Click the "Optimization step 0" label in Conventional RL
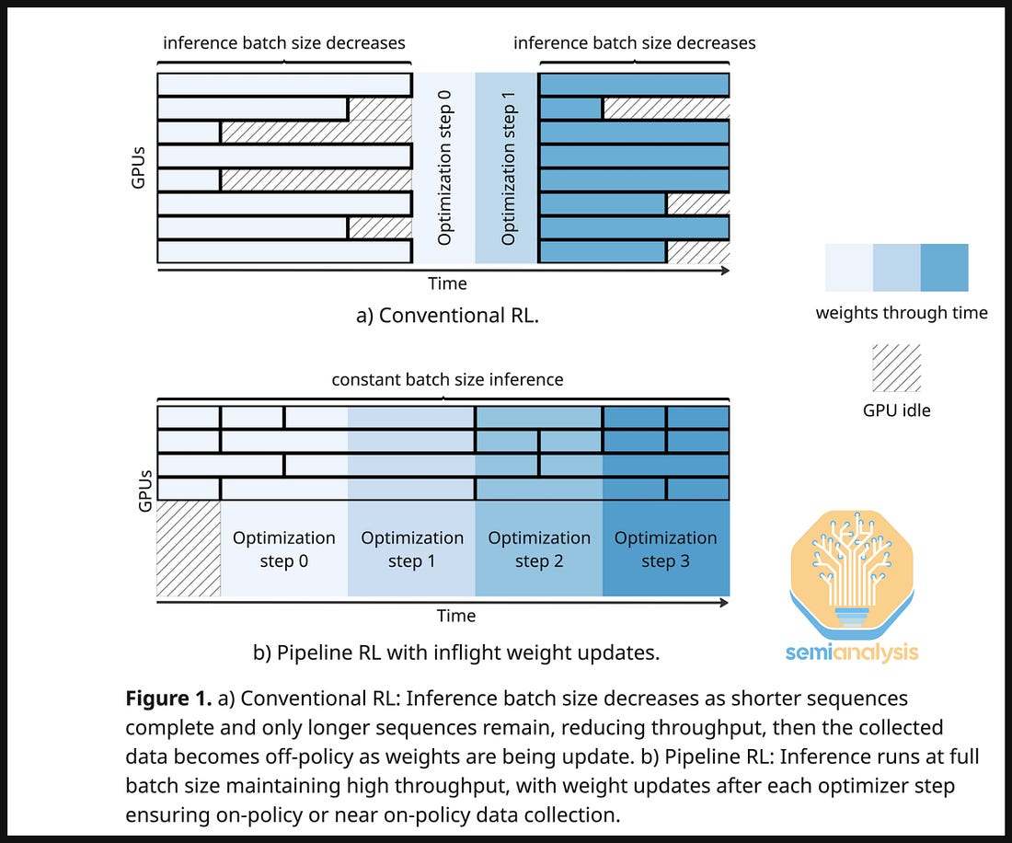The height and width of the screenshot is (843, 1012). tap(444, 167)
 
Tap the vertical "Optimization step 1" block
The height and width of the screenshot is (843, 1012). tap(508, 167)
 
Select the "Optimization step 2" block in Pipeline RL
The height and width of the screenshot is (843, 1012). tap(539, 549)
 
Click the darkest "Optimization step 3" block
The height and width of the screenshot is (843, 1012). tap(666, 549)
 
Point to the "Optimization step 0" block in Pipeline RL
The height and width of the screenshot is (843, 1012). tap(284, 549)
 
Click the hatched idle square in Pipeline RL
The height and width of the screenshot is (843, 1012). tap(189, 549)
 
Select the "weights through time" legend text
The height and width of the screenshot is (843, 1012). tap(902, 313)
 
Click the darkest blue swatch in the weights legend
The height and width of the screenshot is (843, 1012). tap(944, 268)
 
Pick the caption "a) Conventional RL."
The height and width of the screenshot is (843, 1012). tap(446, 316)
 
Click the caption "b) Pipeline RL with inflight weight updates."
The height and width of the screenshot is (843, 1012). tap(456, 653)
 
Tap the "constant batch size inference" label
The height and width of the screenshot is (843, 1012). tap(447, 379)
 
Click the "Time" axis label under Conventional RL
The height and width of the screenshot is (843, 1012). tap(447, 283)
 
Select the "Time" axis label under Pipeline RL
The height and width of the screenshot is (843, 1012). tap(456, 616)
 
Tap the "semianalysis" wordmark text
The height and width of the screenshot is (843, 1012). tap(851, 652)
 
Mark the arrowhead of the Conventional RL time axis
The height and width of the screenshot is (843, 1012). tap(726, 271)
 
